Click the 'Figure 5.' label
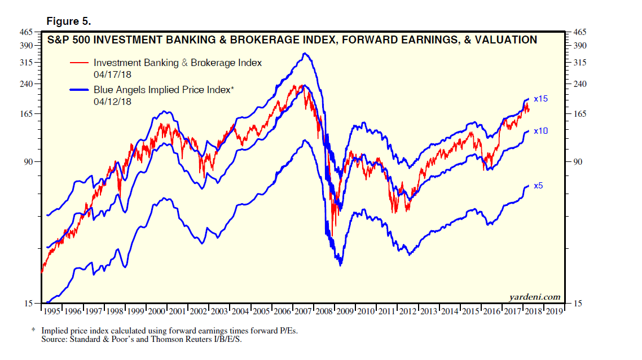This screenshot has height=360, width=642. pos(68,21)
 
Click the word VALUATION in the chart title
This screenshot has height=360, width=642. pos(505,40)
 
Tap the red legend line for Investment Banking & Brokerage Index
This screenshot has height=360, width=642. pos(79,63)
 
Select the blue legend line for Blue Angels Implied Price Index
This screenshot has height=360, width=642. pos(79,89)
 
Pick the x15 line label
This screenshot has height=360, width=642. pos(541,99)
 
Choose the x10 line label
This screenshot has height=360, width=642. pos(541,131)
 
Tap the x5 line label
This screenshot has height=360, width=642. pos(539,186)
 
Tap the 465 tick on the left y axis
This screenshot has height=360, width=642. pos(27,32)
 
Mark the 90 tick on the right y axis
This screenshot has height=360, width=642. pos(578,162)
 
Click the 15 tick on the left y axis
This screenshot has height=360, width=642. pos(29,304)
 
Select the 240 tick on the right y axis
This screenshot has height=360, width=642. pos(581,84)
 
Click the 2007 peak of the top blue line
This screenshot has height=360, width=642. pos(305,54)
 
